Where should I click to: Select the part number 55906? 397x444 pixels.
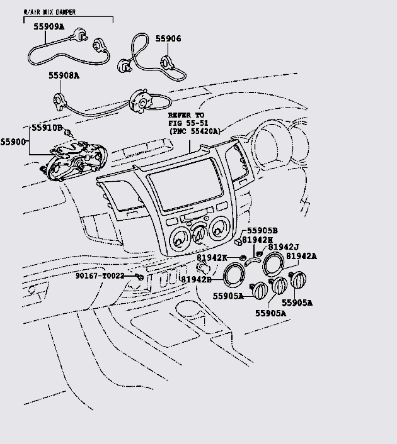(168, 39)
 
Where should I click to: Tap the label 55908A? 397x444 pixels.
(64, 75)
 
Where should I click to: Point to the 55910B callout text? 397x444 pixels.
(48, 128)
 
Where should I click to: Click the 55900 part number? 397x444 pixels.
(13, 142)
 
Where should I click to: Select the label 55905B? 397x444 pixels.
(262, 231)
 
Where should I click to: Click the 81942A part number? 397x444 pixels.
(319, 256)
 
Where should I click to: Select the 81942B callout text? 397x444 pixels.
(197, 279)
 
